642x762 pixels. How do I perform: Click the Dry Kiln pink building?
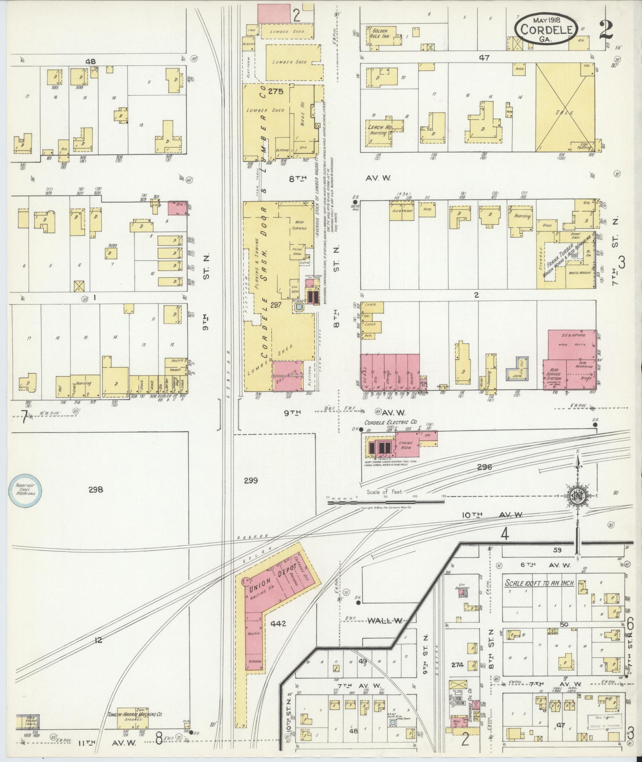(x=286, y=376)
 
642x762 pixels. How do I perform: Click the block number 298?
(x=96, y=490)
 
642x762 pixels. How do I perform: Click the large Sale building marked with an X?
(x=566, y=108)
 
